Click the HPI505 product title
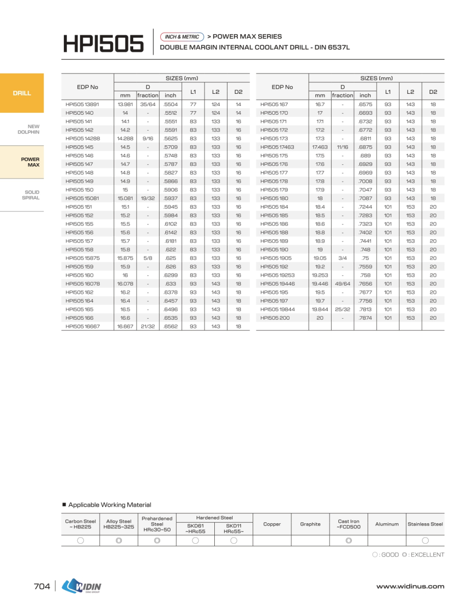click(103, 43)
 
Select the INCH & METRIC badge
click(182, 37)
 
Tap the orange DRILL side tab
click(22, 93)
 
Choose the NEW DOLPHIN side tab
click(30, 129)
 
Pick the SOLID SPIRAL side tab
click(31, 195)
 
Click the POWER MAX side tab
click(30, 162)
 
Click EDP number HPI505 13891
click(82, 104)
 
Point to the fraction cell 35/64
click(148, 104)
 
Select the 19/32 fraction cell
click(148, 198)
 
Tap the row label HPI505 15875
click(83, 258)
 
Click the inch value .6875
click(365, 147)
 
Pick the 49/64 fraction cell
click(342, 284)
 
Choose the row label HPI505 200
click(275, 318)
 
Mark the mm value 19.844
click(320, 309)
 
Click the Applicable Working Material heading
click(110, 505)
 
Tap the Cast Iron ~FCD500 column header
click(348, 524)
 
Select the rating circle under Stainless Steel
click(425, 541)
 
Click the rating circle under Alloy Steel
click(119, 541)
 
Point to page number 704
click(42, 586)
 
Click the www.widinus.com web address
click(410, 586)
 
